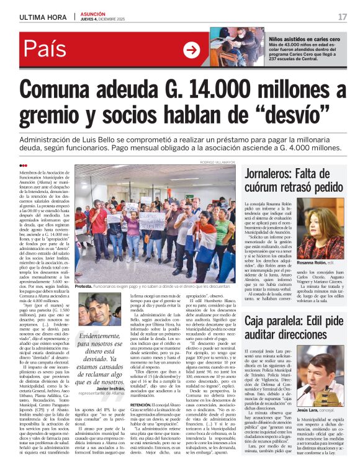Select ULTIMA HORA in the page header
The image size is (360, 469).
tap(42, 17)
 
